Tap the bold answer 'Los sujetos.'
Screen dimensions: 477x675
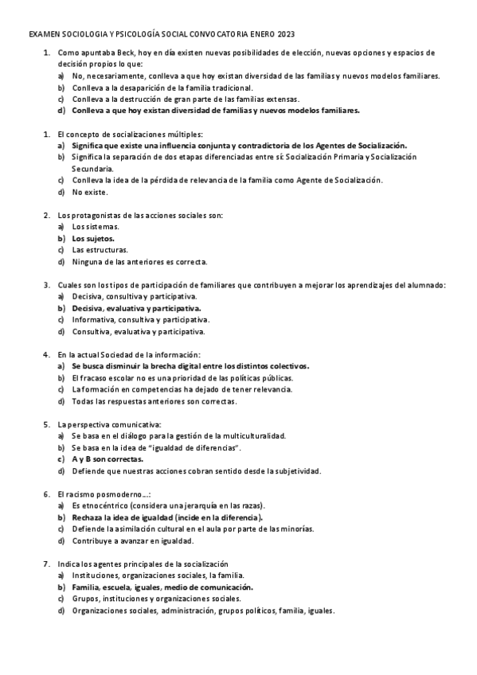pos(93,238)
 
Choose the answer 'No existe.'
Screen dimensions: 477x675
pos(88,192)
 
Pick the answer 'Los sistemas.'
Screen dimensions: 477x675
pos(95,227)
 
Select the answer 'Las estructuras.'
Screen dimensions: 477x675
pos(100,250)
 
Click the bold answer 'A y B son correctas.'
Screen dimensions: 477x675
pos(108,459)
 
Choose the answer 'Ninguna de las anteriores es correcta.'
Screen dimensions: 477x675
pos(139,261)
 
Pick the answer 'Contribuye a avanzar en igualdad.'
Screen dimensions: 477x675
pos(132,540)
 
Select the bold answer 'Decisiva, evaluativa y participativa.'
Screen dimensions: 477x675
pos(135,307)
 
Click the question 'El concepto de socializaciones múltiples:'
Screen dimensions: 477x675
pos(131,134)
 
